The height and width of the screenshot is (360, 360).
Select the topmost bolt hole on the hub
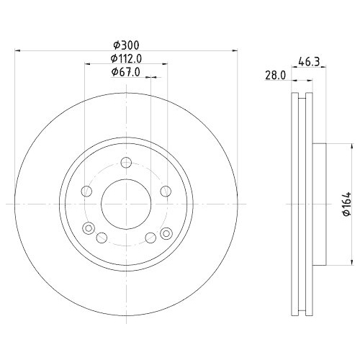tap(126, 163)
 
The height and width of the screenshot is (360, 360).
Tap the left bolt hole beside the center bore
tap(86, 191)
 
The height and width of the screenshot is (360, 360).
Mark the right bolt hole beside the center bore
tap(166, 191)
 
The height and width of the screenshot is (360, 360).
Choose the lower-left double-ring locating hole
tap(89, 230)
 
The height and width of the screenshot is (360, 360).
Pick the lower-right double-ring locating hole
tap(167, 232)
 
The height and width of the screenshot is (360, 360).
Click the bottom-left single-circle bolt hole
tap(102, 238)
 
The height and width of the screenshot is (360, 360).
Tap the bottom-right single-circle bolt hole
tap(150, 238)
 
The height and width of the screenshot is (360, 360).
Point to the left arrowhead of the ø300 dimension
tap(17, 50)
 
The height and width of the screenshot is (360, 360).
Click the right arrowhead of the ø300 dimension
tap(235, 50)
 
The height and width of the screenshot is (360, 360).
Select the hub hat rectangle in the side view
tap(320, 204)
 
